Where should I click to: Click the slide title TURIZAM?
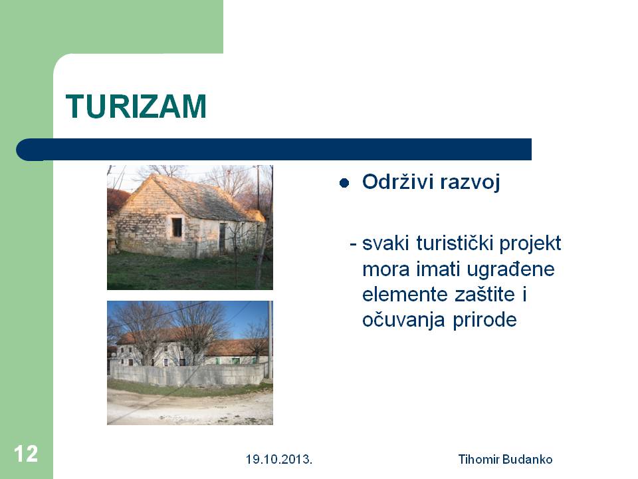click(136, 106)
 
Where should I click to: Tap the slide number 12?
click(26, 454)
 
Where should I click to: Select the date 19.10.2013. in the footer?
click(279, 460)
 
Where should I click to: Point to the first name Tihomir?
click(479, 460)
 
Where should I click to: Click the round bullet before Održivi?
click(344, 183)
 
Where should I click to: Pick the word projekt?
click(530, 244)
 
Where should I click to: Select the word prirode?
click(484, 320)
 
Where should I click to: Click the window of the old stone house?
click(177, 227)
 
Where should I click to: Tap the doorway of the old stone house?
click(222, 238)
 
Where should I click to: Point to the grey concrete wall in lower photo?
click(188, 375)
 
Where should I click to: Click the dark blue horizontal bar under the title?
click(274, 150)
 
